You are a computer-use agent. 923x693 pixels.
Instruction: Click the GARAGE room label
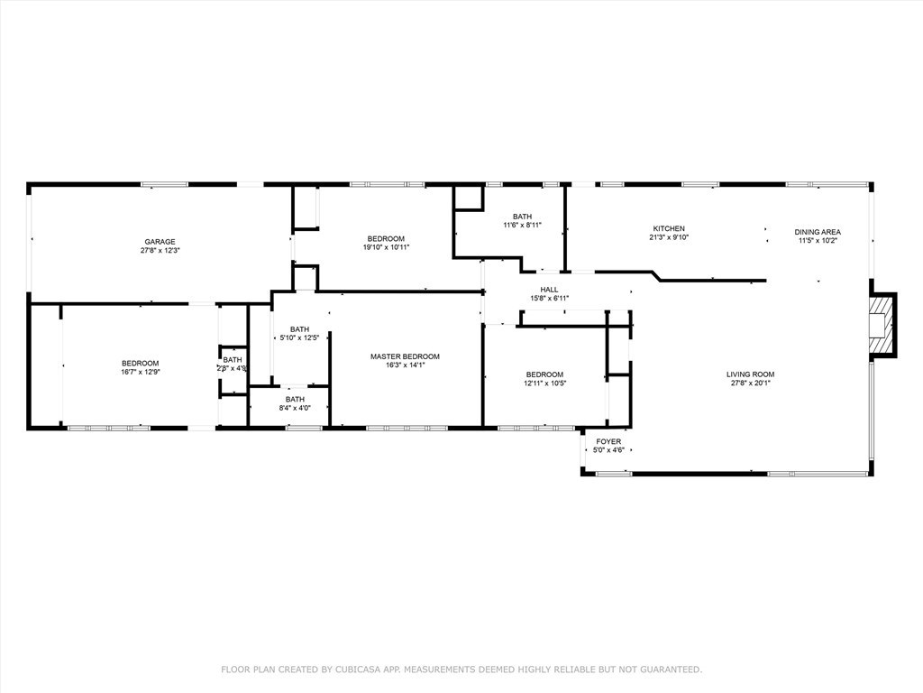(x=160, y=242)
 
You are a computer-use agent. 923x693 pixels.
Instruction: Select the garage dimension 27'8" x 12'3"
(x=160, y=251)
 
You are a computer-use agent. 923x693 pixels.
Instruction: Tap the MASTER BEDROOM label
(x=405, y=356)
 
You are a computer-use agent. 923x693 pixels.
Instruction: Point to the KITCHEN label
(x=668, y=228)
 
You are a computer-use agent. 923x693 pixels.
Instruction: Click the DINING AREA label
(x=818, y=232)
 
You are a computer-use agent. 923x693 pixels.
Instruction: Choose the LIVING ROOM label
(x=751, y=374)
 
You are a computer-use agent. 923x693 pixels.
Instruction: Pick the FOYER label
(x=608, y=441)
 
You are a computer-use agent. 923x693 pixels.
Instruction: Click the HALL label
(x=549, y=290)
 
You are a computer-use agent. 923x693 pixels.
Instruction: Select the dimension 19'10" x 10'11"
(x=386, y=247)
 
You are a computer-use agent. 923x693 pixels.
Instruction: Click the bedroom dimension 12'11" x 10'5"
(x=544, y=383)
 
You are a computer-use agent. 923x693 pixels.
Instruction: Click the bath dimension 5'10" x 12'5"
(x=299, y=337)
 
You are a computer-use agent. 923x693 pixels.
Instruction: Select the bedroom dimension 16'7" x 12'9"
(x=140, y=372)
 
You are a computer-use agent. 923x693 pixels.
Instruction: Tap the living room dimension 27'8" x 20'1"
(x=751, y=383)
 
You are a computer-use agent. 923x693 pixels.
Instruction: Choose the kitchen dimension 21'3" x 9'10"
(x=668, y=238)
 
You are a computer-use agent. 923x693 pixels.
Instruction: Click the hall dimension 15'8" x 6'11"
(x=549, y=299)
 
